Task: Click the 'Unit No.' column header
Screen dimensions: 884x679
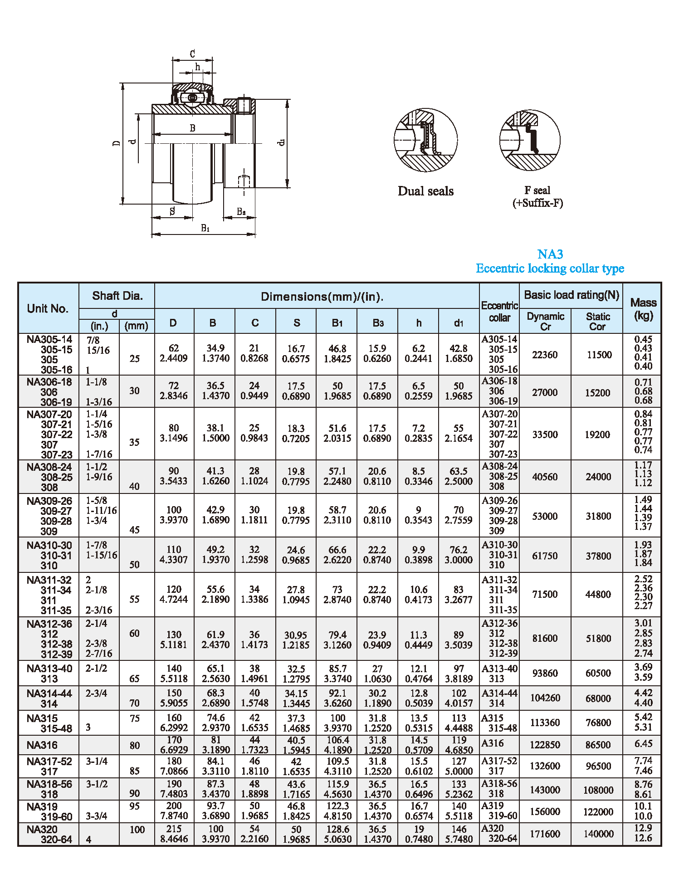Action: click(x=48, y=308)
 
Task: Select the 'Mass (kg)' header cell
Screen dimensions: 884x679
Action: click(x=643, y=308)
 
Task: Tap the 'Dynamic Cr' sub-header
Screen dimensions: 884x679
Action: click(x=545, y=321)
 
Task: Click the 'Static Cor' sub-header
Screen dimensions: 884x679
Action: click(x=597, y=321)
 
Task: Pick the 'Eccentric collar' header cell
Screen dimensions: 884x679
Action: click(x=499, y=312)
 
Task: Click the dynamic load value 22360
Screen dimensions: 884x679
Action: click(x=545, y=355)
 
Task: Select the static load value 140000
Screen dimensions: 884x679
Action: click(x=598, y=834)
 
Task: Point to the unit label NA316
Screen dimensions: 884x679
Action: click(x=42, y=745)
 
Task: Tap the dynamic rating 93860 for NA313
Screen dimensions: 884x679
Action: click(x=545, y=673)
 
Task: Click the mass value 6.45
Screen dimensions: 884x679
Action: click(x=643, y=744)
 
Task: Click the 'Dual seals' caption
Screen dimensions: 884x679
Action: click(x=425, y=191)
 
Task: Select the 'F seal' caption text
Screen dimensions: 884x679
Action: click(x=537, y=190)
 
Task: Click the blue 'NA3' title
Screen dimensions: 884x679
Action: click(x=550, y=254)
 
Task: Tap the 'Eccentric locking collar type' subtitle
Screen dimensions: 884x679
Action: click(x=550, y=269)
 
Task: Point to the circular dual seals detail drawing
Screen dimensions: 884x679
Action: click(x=425, y=140)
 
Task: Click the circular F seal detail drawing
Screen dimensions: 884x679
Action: click(x=530, y=140)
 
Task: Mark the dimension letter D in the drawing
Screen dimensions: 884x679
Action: click(x=117, y=143)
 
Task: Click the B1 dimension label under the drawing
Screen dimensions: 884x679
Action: click(x=205, y=228)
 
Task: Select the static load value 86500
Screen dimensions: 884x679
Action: click(x=598, y=745)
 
